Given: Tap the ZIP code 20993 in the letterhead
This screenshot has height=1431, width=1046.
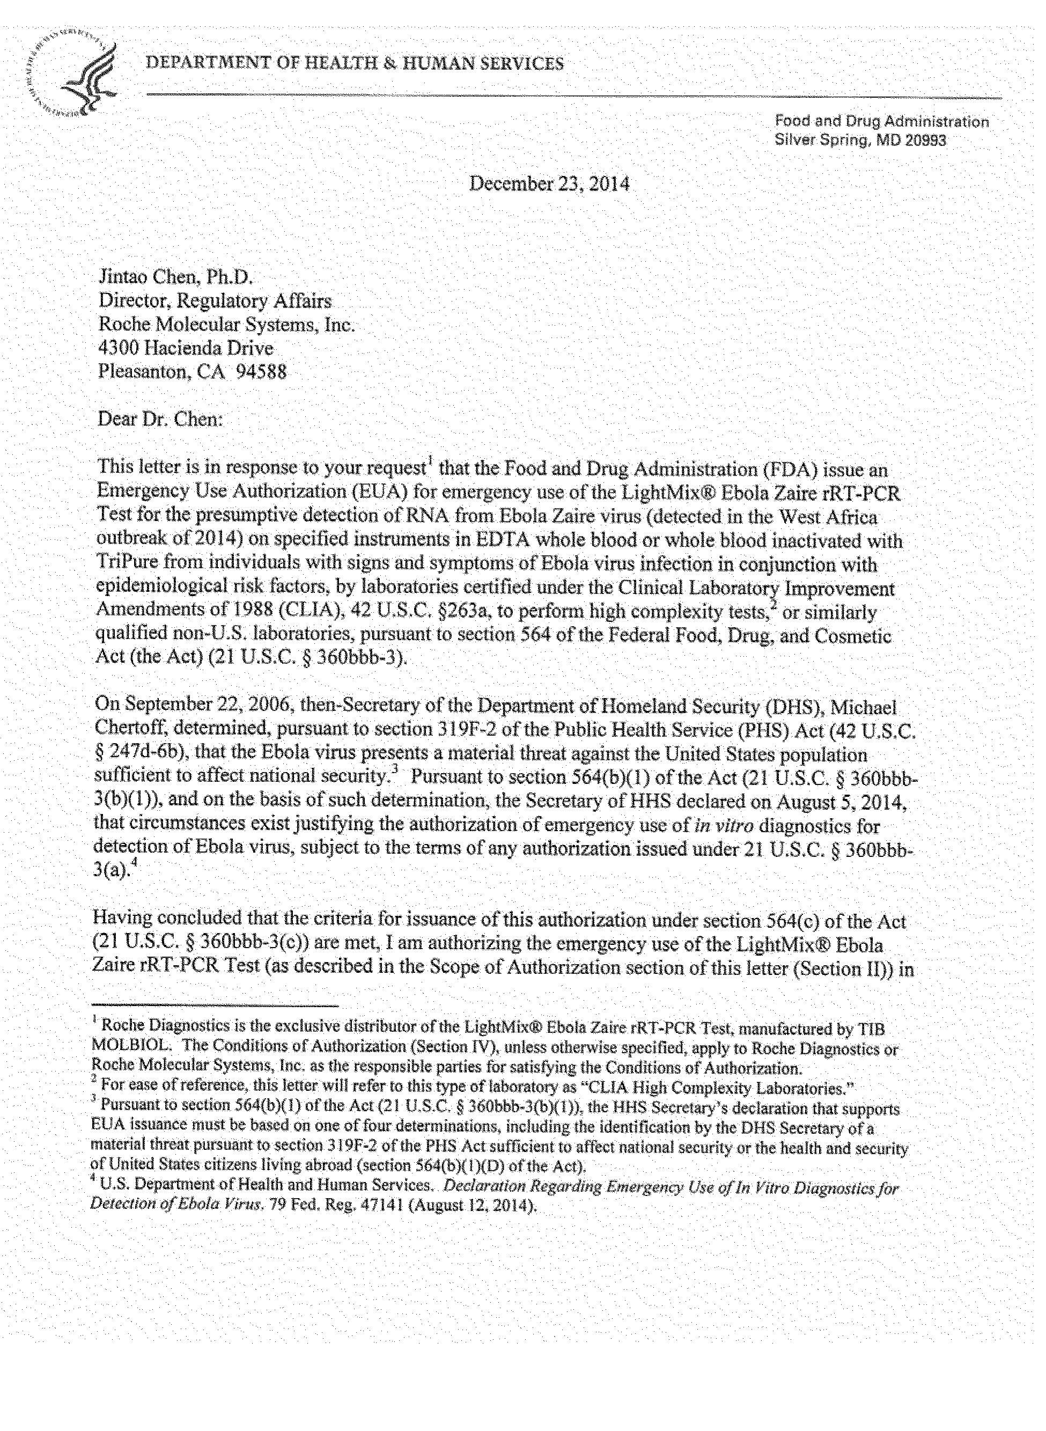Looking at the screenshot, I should [925, 141].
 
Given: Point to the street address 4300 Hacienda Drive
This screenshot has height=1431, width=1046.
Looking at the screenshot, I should [186, 348].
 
